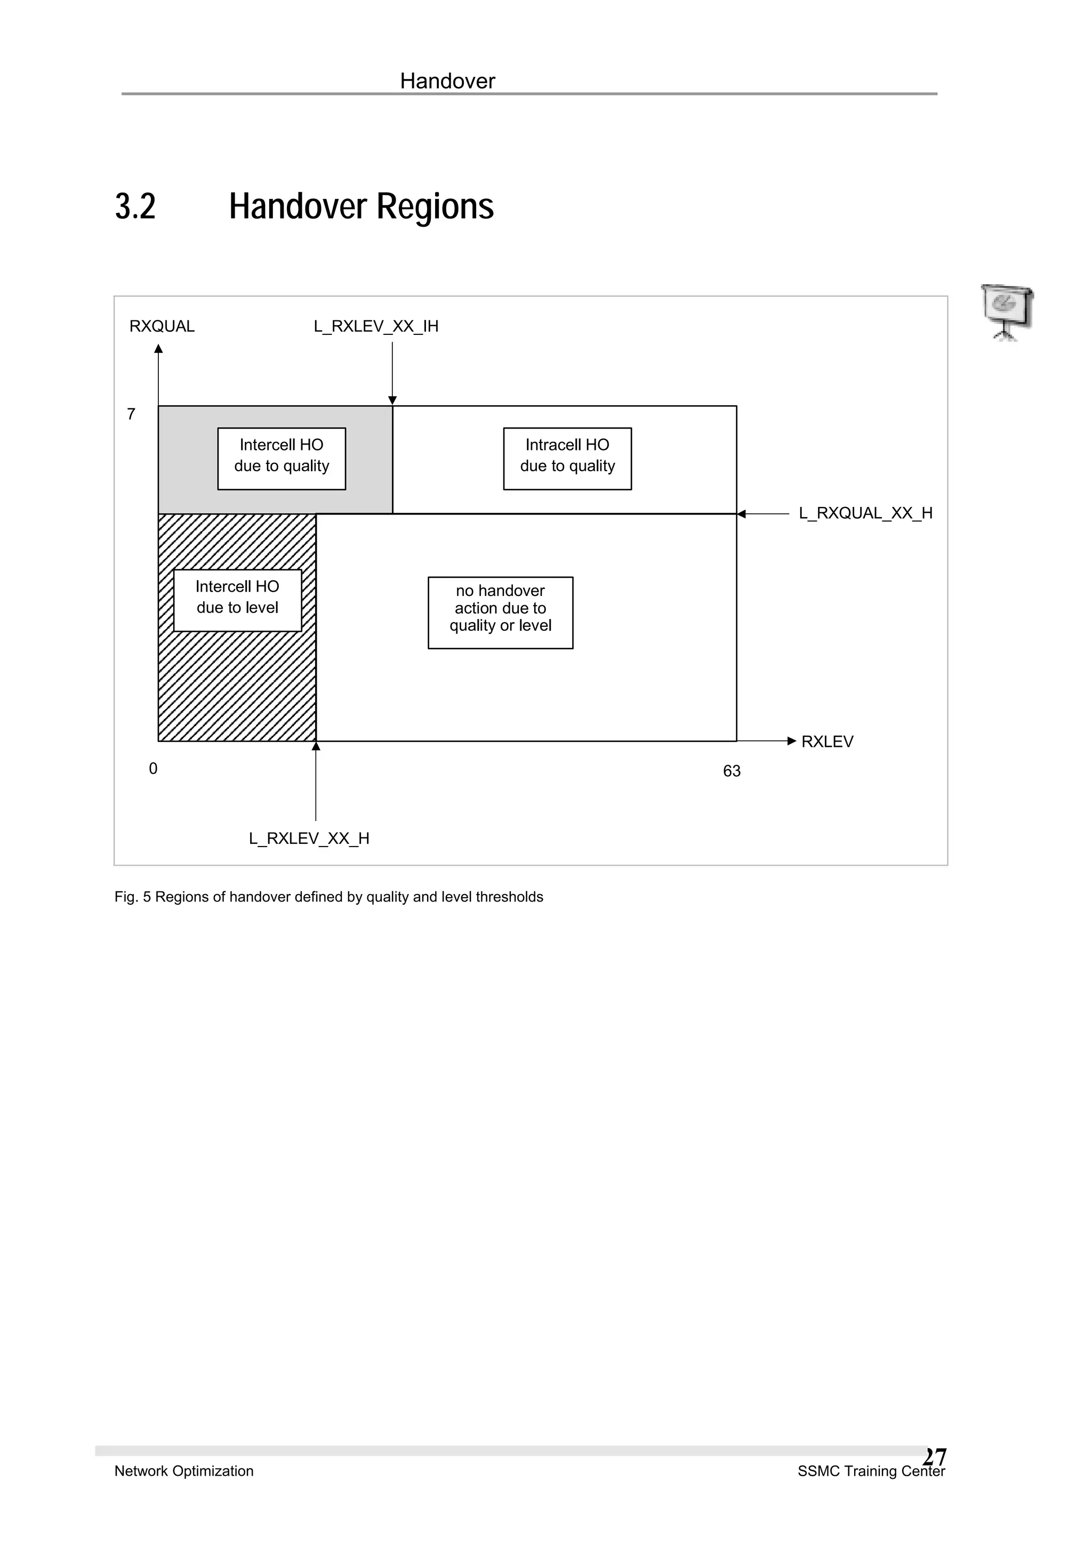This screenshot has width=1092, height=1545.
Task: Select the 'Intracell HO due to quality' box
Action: click(567, 458)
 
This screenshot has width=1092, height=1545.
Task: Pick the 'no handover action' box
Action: click(500, 613)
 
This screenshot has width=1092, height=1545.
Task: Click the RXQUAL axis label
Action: click(162, 326)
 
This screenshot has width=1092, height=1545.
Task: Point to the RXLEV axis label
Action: click(827, 742)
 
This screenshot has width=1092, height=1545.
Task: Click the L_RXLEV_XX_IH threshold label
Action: click(375, 326)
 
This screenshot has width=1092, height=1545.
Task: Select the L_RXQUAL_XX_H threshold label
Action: click(865, 513)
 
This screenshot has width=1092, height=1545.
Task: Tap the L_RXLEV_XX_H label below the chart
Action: click(309, 839)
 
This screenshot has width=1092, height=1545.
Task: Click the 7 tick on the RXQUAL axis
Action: click(131, 414)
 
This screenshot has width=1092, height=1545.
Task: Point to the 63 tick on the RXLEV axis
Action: click(732, 771)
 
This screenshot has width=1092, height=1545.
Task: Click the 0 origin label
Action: click(154, 768)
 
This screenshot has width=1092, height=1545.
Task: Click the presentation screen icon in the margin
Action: click(1007, 311)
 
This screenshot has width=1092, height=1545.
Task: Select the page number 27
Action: click(935, 1457)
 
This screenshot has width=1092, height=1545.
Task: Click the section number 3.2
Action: click(135, 206)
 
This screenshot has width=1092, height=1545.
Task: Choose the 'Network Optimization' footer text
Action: click(183, 1471)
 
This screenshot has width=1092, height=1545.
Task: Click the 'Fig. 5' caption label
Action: click(133, 897)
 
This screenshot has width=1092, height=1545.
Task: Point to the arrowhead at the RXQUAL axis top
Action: click(158, 349)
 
